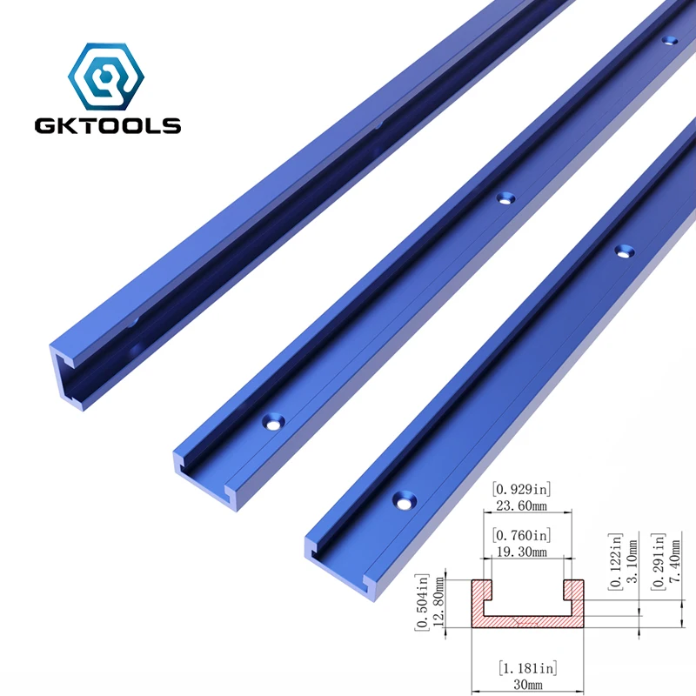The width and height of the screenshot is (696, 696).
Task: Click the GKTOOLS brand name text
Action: tap(107, 125)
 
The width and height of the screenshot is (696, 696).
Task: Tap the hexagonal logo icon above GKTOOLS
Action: tap(107, 73)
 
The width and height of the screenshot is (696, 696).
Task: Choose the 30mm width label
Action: tap(527, 685)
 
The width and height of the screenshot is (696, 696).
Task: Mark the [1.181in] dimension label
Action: tap(526, 668)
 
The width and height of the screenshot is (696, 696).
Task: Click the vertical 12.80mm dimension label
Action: tap(438, 603)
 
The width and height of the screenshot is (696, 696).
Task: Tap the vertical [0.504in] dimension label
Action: tap(423, 603)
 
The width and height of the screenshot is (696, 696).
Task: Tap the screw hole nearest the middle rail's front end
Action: tap(275, 423)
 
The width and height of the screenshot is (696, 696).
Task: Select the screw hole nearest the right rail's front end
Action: tap(404, 501)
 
